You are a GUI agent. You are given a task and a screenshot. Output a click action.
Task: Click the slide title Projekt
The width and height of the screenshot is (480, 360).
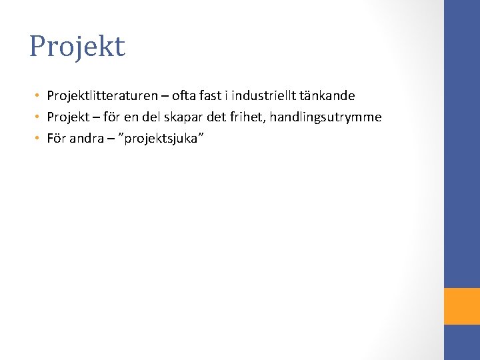77,47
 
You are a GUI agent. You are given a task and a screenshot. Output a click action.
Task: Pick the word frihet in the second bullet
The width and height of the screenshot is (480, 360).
248,117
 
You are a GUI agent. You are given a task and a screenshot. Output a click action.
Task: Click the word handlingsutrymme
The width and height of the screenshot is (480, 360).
325,117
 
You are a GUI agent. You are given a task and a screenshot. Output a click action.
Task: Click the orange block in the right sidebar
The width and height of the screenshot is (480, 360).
462,306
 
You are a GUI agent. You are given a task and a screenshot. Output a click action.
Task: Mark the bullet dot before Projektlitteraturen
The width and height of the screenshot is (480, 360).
39,97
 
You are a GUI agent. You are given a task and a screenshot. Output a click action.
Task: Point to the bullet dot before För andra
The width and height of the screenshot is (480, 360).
39,139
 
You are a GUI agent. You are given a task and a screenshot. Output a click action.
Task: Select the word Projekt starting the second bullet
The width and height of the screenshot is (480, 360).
68,117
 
